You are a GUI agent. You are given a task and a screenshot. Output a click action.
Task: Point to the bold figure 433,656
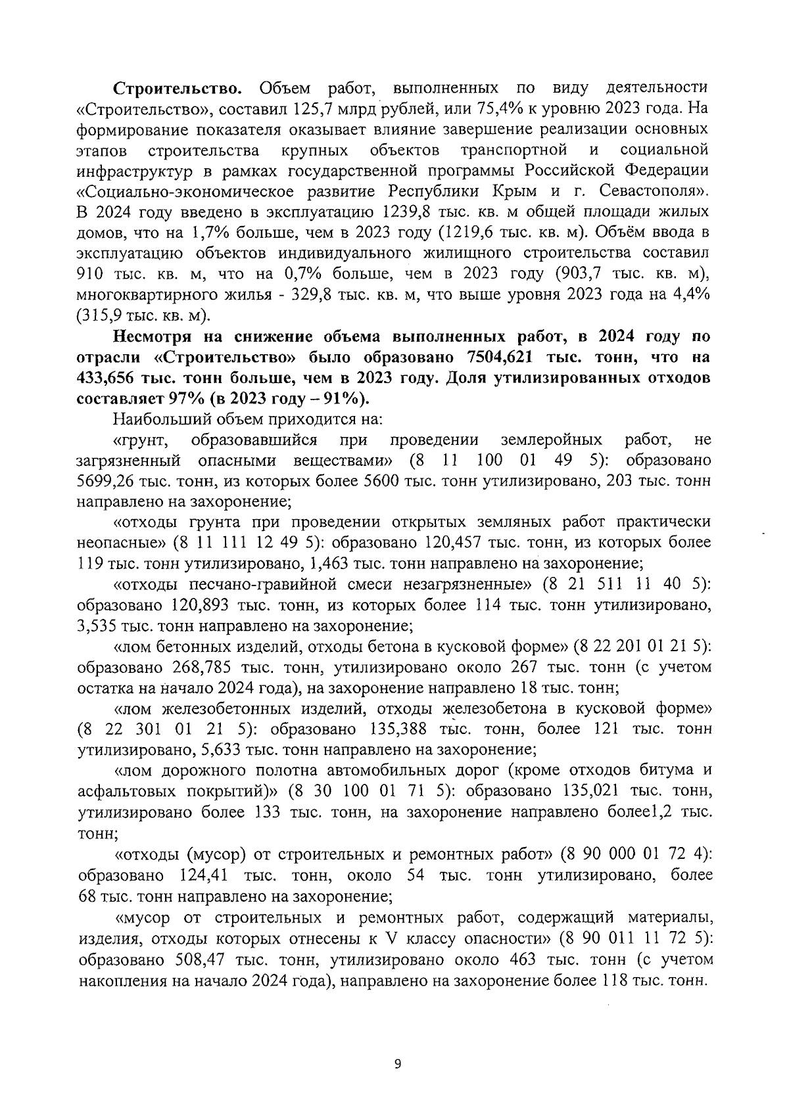[x=114, y=378]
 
